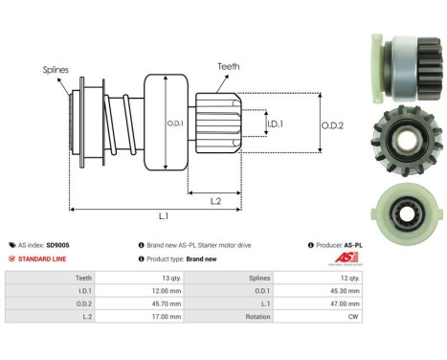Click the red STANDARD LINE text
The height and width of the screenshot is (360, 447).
click(x=40, y=259)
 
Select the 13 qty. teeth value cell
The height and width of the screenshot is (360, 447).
click(x=197, y=277)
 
